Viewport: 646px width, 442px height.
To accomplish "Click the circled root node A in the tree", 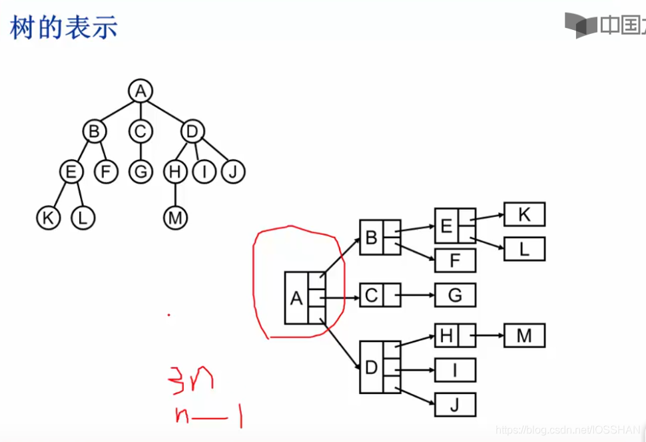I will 140,91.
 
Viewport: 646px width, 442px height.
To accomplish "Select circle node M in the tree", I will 175,218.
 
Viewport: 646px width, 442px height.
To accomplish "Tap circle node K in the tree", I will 48,218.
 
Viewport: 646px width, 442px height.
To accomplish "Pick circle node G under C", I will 141,172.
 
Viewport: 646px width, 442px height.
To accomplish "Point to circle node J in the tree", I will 233,172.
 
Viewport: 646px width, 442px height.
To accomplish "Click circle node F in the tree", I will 106,172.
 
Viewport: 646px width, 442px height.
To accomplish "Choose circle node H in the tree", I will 175,172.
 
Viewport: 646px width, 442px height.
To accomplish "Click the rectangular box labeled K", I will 524,214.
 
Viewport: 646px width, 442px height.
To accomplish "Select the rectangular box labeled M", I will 524,335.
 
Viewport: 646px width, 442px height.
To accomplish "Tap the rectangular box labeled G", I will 455,295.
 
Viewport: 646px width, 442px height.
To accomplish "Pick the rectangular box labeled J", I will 455,404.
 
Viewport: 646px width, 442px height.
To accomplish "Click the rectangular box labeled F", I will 455,260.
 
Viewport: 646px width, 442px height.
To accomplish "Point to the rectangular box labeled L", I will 524,249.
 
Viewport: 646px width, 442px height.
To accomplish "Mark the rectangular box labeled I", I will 455,370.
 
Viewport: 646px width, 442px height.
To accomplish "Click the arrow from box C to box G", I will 417,295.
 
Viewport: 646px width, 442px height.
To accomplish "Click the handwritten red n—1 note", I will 207,416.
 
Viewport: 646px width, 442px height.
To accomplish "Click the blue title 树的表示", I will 64,27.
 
